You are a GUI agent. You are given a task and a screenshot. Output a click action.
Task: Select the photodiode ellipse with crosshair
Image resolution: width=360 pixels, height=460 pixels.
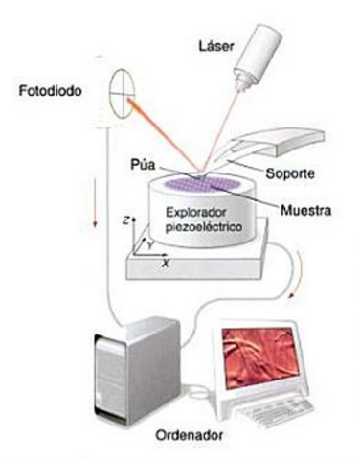122,95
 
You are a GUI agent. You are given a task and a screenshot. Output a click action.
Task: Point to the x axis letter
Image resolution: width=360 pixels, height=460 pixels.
165,260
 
